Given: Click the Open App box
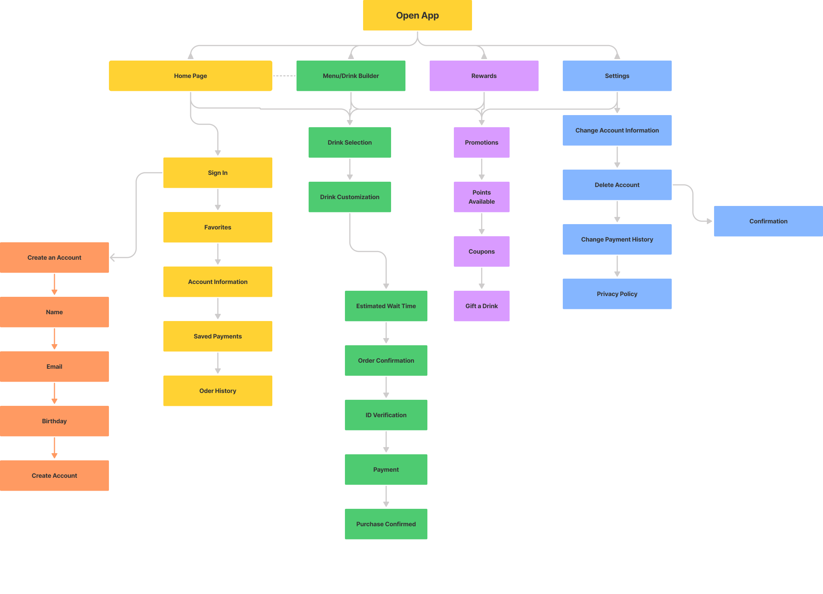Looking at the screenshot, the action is point(417,15).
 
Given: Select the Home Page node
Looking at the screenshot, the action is point(191,76).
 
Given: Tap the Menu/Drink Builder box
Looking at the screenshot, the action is point(351,76).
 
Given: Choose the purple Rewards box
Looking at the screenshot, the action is point(484,76).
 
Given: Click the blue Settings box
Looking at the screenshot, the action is point(617,76).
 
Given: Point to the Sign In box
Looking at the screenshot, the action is point(218,173).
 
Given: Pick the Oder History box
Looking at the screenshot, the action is point(218,391).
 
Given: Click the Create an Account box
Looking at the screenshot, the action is point(54,257).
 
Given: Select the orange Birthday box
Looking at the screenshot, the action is point(54,421).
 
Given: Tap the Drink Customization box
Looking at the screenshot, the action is point(350,197).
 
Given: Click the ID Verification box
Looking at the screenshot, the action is point(386,415).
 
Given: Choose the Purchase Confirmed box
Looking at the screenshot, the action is point(386,524).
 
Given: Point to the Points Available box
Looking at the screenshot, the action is point(481,197).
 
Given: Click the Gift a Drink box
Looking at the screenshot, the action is point(481,306).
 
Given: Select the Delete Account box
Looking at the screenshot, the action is point(617,185).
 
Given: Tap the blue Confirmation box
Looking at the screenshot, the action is point(769,221).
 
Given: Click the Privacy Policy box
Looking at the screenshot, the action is point(617,294).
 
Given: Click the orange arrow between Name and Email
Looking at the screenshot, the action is point(54,339).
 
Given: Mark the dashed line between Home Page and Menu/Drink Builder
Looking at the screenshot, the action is point(284,76).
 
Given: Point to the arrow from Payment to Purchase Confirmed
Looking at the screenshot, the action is point(386,496).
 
